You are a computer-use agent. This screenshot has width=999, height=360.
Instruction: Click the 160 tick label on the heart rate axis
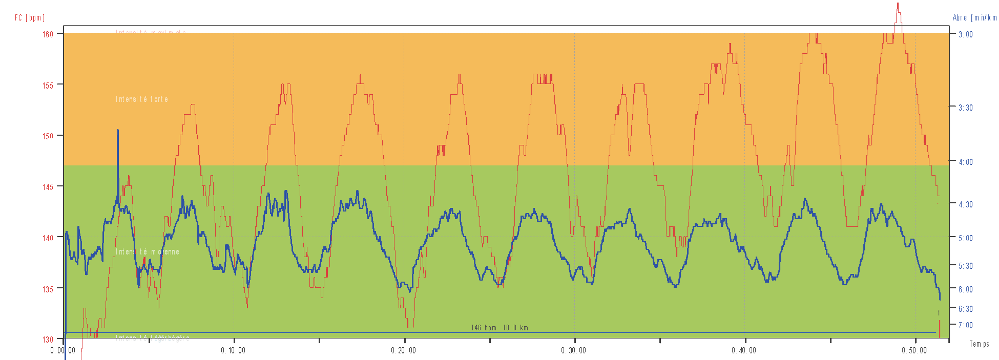tap(48, 34)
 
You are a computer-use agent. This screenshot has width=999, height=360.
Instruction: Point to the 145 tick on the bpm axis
tap(48, 187)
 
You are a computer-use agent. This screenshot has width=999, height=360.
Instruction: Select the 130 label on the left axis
tap(48, 340)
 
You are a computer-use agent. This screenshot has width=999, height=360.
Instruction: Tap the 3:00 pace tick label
tap(966, 34)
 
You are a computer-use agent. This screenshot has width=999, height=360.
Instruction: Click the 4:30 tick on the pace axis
tap(966, 204)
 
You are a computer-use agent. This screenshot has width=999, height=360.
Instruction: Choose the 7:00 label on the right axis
tap(966, 325)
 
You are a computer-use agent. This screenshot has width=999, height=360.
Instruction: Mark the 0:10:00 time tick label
tap(233, 351)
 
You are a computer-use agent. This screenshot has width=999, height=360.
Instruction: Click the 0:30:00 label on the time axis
tap(573, 351)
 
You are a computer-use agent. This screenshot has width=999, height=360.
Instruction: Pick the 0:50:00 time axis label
tap(914, 351)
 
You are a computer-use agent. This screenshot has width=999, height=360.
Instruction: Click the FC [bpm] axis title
tap(30, 18)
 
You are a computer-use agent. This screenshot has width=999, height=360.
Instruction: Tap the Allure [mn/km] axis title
tap(974, 18)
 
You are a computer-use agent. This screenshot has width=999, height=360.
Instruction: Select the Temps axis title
tap(979, 344)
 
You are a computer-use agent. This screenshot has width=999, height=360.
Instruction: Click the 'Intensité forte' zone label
tap(142, 99)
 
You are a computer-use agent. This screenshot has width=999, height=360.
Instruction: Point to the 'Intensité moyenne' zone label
tap(148, 252)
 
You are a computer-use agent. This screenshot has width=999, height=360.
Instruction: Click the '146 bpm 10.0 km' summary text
tap(500, 328)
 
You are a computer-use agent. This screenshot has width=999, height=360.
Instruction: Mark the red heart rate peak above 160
tap(898, 7)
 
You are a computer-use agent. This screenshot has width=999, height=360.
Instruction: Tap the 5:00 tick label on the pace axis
tap(966, 238)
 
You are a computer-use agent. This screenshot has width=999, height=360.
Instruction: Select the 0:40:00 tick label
tap(744, 351)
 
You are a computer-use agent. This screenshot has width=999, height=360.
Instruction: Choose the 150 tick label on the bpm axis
tap(48, 136)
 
